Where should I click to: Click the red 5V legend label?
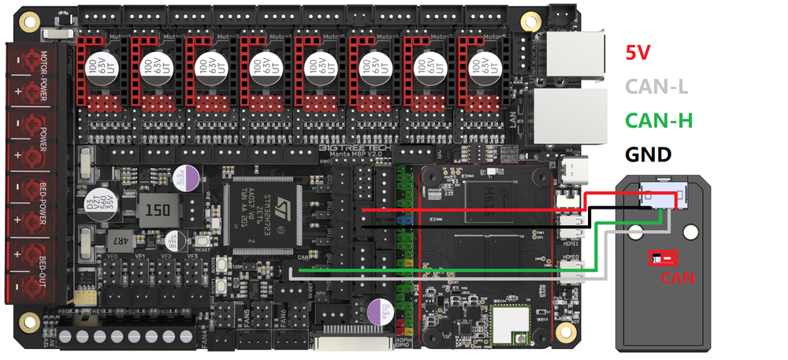coord(637,53)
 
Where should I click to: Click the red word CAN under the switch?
coord(678,276)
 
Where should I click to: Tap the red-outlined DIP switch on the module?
coord(660,258)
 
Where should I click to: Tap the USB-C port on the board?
coord(572,169)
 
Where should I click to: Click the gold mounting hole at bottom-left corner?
coord(30,321)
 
